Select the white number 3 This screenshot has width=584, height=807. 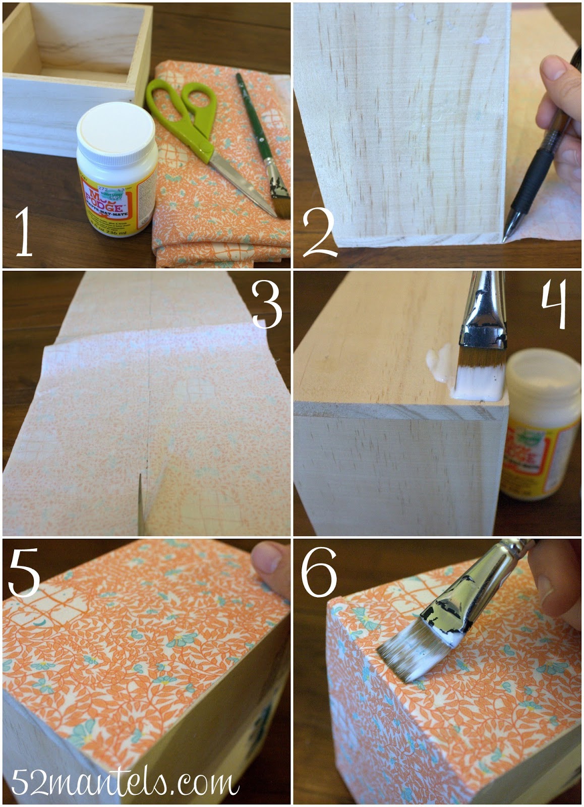point(266,304)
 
